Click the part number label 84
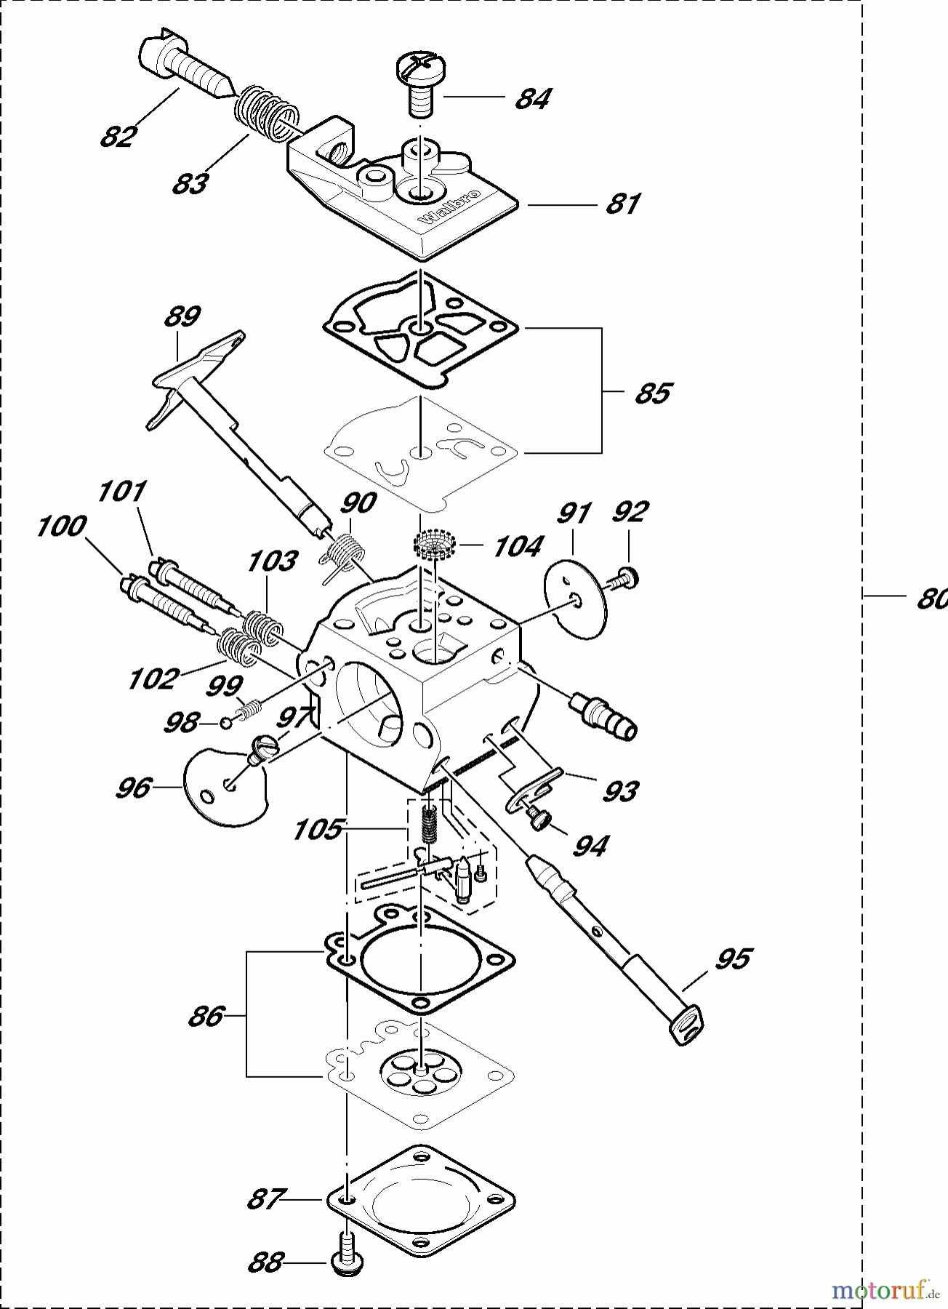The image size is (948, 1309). click(533, 98)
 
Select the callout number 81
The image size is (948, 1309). click(623, 204)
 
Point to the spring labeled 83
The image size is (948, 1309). click(266, 112)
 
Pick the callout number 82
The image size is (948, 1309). click(118, 136)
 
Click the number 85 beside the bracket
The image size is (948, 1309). click(652, 393)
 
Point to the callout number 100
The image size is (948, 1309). click(62, 526)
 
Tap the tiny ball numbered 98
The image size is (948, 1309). click(227, 723)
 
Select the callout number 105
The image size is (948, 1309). click(317, 829)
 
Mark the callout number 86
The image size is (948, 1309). click(206, 1016)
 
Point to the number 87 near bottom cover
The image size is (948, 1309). click(264, 1198)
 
